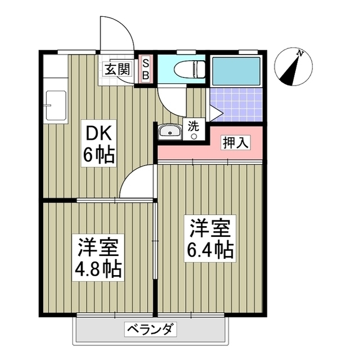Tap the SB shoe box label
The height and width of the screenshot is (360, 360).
click(x=145, y=69)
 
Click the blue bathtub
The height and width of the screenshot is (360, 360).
click(x=237, y=70)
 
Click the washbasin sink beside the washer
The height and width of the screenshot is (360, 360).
click(x=169, y=132)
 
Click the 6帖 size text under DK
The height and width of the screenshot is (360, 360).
click(x=100, y=154)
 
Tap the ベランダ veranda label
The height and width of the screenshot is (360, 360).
click(x=151, y=328)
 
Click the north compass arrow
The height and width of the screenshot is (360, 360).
click(x=292, y=70)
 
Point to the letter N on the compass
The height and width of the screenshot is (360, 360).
click(x=301, y=53)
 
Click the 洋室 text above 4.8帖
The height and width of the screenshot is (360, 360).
click(x=98, y=246)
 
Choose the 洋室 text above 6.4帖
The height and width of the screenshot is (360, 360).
click(x=210, y=227)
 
